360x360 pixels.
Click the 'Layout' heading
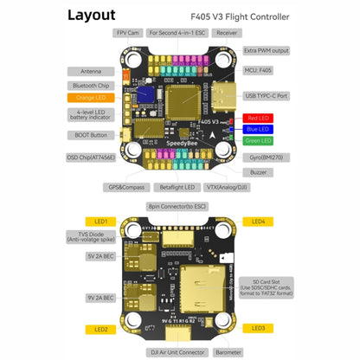(x=92, y=15)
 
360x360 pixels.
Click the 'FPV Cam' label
(x=131, y=33)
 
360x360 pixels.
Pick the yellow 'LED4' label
(x=259, y=221)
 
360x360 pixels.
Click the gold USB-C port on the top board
(x=226, y=96)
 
